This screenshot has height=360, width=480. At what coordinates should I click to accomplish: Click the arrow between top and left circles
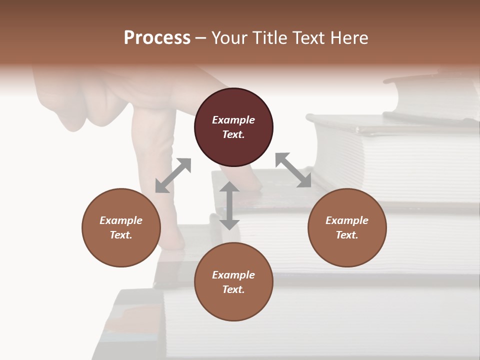click(173, 175)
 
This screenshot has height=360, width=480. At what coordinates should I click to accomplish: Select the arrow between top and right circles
click(293, 170)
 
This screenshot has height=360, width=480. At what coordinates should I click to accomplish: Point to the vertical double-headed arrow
click(229, 205)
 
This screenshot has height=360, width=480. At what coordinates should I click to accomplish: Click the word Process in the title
click(157, 38)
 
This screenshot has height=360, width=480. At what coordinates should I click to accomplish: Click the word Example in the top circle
click(233, 120)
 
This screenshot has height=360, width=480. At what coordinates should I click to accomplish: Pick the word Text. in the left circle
click(121, 235)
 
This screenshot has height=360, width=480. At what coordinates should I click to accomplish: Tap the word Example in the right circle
click(347, 220)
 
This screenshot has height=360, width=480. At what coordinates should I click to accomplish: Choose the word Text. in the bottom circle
click(233, 289)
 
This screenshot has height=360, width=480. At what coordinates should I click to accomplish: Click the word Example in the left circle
click(121, 220)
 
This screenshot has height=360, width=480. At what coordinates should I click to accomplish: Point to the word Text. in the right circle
click(347, 235)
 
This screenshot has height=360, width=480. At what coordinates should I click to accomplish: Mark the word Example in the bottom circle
click(233, 275)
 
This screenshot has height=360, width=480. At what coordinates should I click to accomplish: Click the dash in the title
click(201, 38)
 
